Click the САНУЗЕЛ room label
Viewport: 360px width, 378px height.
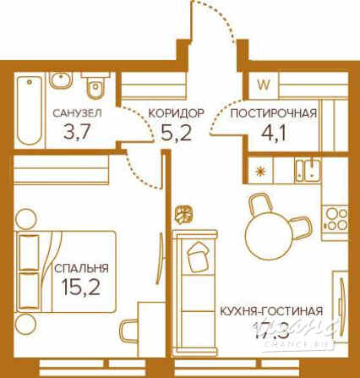tap(77, 112)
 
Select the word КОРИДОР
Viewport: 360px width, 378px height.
tap(176, 112)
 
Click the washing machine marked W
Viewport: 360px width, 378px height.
tap(264, 84)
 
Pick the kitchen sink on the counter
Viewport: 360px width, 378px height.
tap(311, 168)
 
